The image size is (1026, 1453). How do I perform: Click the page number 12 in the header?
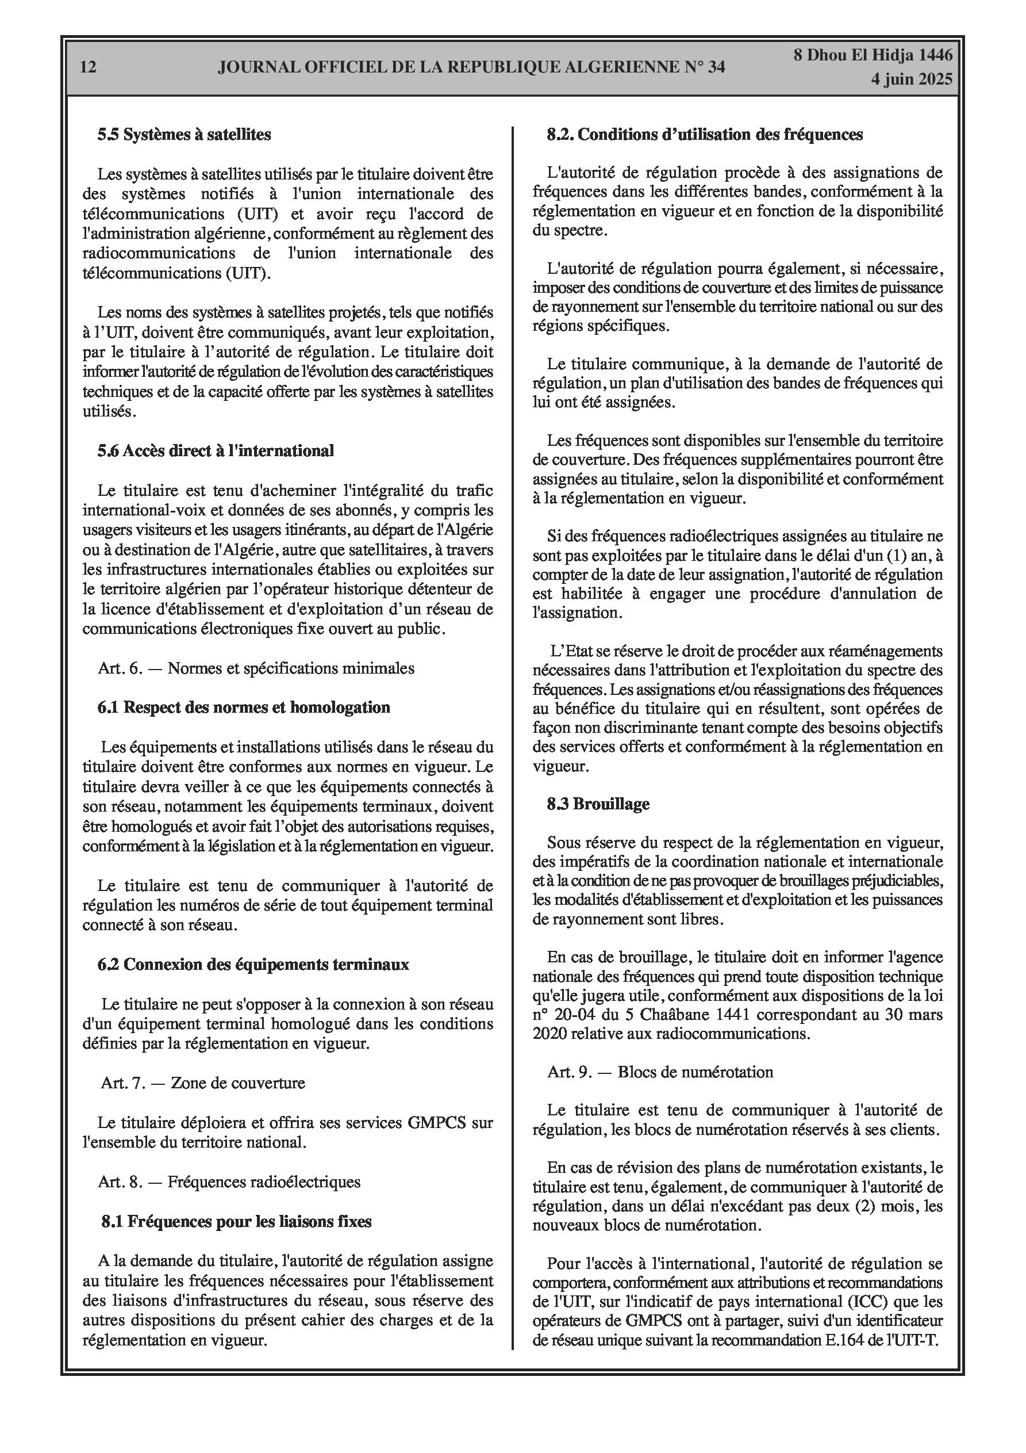(x=89, y=67)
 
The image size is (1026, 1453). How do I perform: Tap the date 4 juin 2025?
(x=911, y=79)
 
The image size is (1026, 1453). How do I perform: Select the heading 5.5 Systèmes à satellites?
(x=184, y=134)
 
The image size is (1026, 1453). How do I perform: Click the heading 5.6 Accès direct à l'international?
(x=216, y=450)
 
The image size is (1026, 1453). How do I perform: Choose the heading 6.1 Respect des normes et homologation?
(x=244, y=707)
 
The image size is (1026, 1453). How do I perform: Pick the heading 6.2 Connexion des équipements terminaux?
(x=253, y=964)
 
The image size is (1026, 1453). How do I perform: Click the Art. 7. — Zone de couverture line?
(x=202, y=1083)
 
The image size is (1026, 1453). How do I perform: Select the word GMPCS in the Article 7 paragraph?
(x=436, y=1123)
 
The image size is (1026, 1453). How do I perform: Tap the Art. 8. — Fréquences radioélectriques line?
(x=229, y=1181)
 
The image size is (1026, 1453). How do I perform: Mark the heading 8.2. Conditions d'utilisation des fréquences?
(x=705, y=134)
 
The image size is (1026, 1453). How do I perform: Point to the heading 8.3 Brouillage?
(x=598, y=804)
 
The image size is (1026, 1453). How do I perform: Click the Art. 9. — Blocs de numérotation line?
(x=660, y=1072)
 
